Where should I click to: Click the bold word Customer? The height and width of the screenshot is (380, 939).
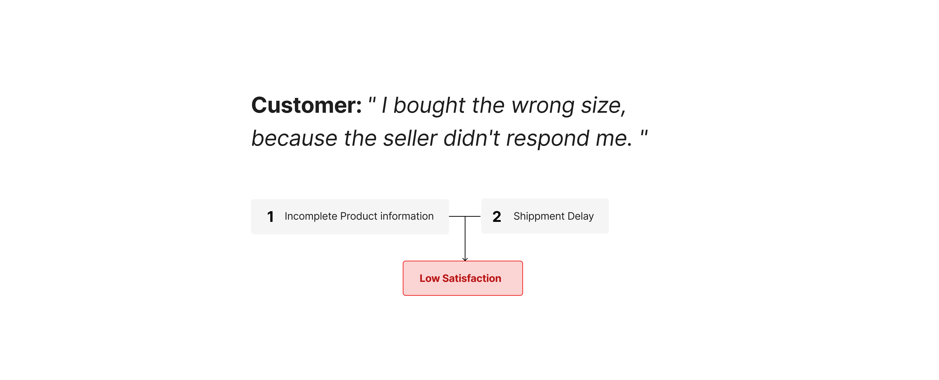306,105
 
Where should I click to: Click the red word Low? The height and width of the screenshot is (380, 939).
429,278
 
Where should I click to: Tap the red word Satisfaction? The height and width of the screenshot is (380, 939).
472,278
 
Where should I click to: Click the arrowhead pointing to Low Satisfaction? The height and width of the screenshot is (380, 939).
465,259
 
